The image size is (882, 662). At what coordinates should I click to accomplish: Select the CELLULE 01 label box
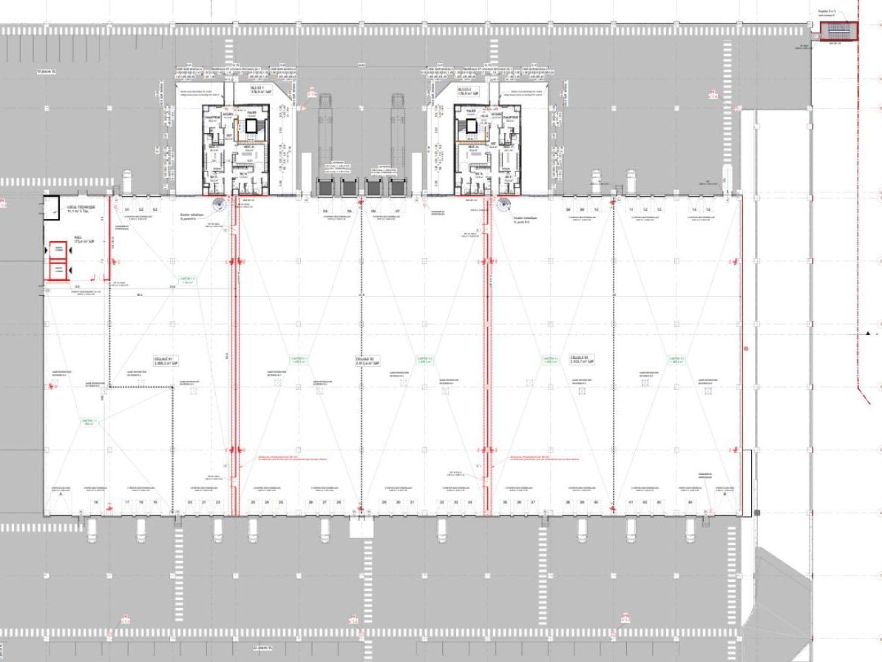coord(163,361)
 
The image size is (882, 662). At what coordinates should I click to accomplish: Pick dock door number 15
coord(708,210)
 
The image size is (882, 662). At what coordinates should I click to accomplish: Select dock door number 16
coord(96,502)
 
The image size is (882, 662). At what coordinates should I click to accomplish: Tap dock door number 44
coord(691,502)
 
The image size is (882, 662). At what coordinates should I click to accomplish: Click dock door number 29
coord(384,502)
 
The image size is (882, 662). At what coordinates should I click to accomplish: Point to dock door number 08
coord(569,210)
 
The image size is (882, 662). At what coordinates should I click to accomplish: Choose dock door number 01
coord(126,210)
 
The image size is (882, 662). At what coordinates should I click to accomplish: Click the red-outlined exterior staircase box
coord(838,31)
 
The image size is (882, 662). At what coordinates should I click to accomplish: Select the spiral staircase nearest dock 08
coord(505,205)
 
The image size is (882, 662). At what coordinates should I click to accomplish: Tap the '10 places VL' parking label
coord(47,72)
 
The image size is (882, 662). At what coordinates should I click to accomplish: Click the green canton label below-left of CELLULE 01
coord(89,422)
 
